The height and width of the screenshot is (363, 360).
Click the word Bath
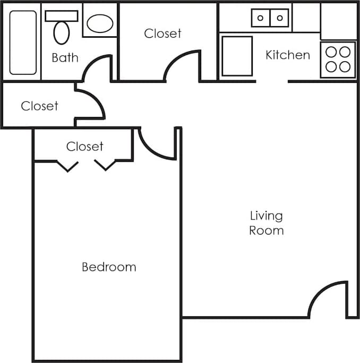point(65,57)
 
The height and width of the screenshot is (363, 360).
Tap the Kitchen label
point(287,55)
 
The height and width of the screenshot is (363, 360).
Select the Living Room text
point(266,223)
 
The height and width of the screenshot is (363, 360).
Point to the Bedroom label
point(109,267)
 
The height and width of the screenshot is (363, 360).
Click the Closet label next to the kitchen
point(162,33)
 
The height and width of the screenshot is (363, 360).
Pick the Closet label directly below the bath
point(39,106)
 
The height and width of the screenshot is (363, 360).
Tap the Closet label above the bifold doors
point(84,146)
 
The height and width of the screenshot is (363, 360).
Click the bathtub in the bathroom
point(23,43)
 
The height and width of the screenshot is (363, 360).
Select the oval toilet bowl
point(62,33)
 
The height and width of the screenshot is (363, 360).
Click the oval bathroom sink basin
point(100,23)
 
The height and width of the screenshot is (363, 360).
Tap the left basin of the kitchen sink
point(261,18)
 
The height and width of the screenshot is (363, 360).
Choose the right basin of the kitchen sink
point(279,18)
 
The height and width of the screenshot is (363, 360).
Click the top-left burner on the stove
point(331,52)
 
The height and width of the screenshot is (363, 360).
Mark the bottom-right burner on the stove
point(345,66)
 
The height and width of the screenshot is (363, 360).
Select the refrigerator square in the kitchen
point(237,56)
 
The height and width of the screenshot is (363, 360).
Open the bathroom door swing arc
point(96,66)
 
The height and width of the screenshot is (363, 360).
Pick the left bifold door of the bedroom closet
point(67,166)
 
